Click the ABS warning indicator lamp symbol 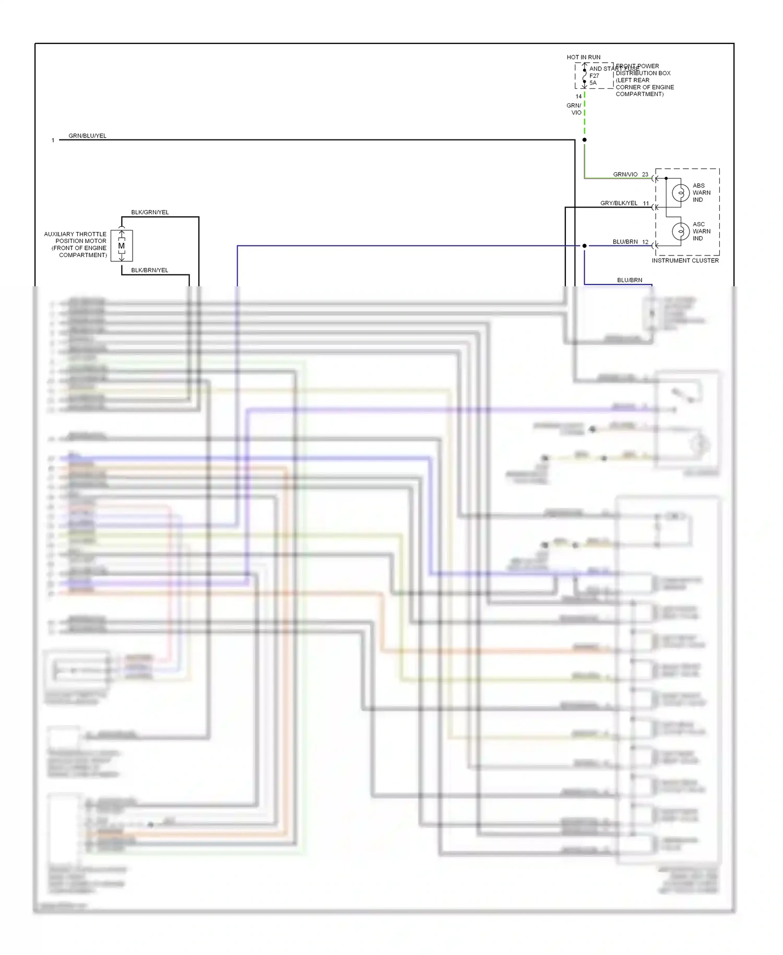coord(680,193)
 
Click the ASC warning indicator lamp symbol coord(680,231)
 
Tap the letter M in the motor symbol coord(122,246)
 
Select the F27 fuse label coord(594,76)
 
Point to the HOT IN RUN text coord(584,57)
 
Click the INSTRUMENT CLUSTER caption coord(685,260)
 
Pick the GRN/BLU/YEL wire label coord(87,135)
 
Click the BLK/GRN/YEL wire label coord(150,212)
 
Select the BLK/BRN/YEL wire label coord(150,270)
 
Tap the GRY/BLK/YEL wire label coord(619,203)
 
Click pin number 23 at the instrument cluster coord(645,174)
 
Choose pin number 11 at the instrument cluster coord(646,203)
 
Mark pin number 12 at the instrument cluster coord(645,242)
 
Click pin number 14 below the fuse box coord(578,96)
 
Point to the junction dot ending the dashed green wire coord(585,139)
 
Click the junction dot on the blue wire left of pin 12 coord(585,246)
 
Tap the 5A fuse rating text coord(593,83)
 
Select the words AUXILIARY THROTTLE coord(75,234)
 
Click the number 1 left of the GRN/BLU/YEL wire coord(53,140)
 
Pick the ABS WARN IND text coord(701,192)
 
